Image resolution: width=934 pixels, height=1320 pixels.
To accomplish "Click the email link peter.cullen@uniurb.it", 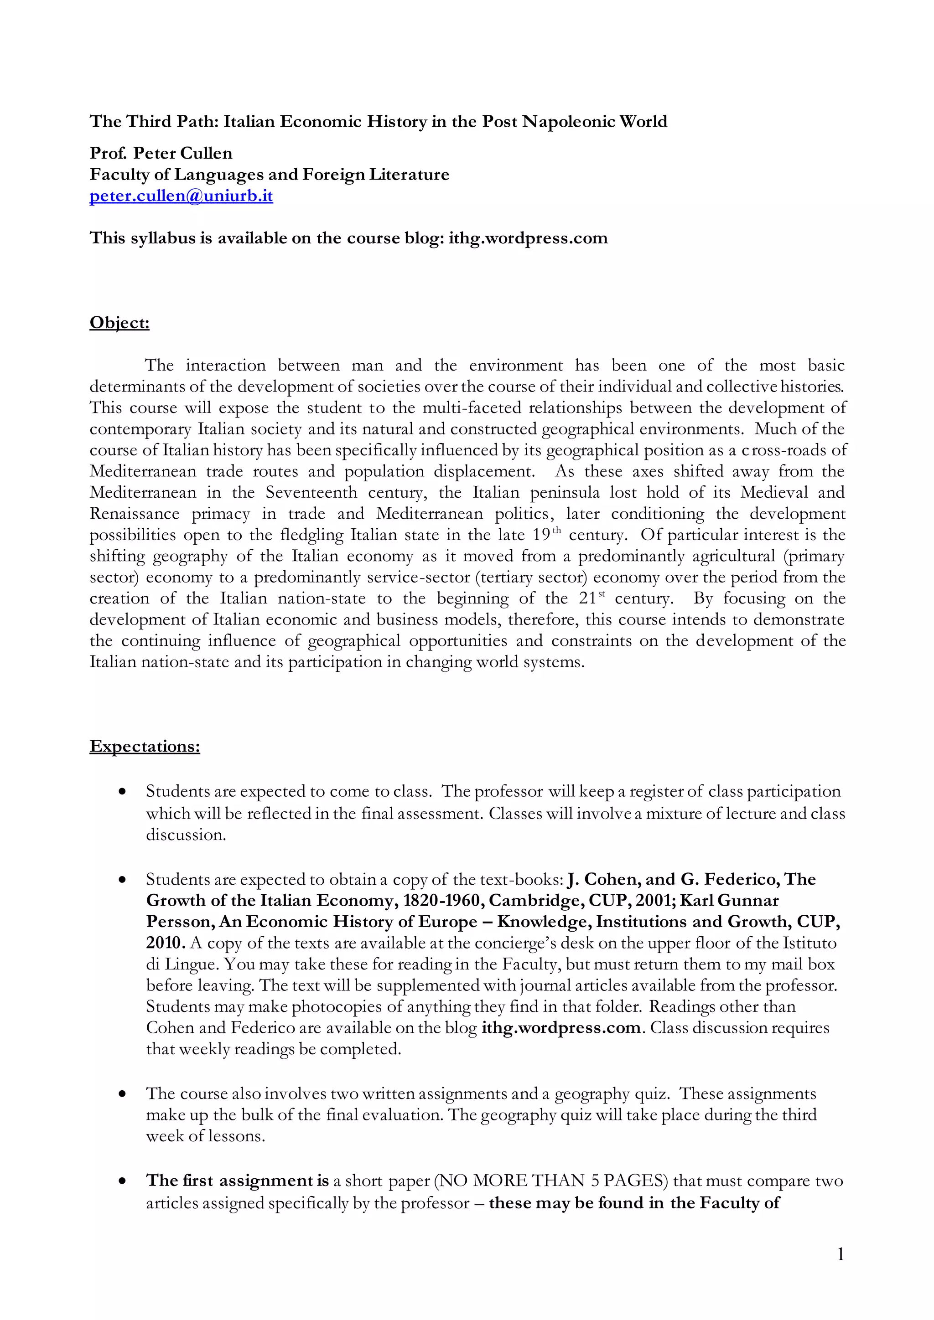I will [x=181, y=196].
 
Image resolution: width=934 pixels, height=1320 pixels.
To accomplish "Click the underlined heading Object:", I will [x=119, y=323].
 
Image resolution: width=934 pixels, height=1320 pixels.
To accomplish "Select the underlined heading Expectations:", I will [x=145, y=746].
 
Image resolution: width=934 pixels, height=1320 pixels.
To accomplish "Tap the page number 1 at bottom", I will [x=840, y=1254].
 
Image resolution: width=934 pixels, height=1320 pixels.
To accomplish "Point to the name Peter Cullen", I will [x=183, y=154].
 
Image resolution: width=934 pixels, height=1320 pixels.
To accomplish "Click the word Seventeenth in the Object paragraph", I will [x=311, y=493].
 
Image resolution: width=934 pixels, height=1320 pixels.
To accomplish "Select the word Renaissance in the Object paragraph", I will [x=135, y=514].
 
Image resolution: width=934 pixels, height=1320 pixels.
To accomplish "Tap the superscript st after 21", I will [x=602, y=594].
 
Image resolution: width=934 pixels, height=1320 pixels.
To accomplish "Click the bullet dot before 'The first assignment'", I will [x=122, y=1182].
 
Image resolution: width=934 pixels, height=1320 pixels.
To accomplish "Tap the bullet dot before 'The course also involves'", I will [x=122, y=1095].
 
